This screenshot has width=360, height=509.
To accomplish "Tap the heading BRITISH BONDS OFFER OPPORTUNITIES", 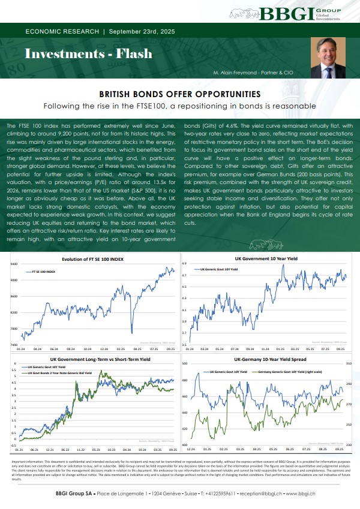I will [x=180, y=95].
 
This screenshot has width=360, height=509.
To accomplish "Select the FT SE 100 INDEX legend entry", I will [x=43, y=272].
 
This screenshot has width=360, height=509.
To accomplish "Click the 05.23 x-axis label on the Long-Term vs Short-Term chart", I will [x=96, y=449].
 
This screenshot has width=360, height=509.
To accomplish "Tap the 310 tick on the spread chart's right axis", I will [x=348, y=364].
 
